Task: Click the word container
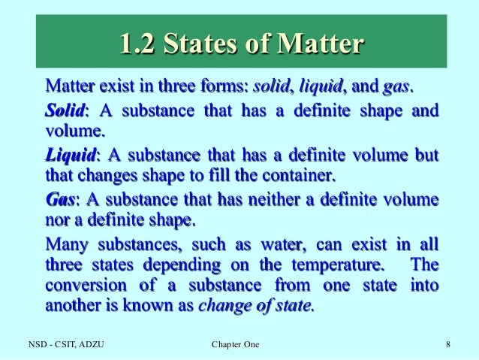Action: coord(299,177)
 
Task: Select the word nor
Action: coord(58,222)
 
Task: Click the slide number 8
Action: coord(447,345)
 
